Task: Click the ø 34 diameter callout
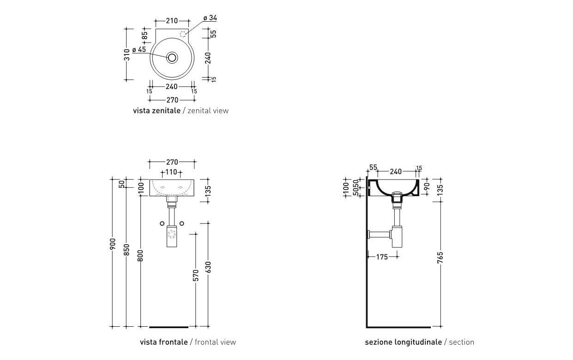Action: point(210,18)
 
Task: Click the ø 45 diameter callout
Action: point(139,49)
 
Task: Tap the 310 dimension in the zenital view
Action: point(127,54)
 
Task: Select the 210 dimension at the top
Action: point(172,21)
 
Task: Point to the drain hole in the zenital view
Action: point(172,57)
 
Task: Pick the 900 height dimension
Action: point(113,252)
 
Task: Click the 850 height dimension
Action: point(126,252)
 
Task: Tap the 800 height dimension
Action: point(140,255)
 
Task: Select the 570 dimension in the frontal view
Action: point(196,276)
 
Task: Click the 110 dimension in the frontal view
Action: point(171,172)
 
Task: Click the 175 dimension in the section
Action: point(382,257)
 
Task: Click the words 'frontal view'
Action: point(216,342)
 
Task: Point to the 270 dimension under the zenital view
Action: point(172,100)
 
